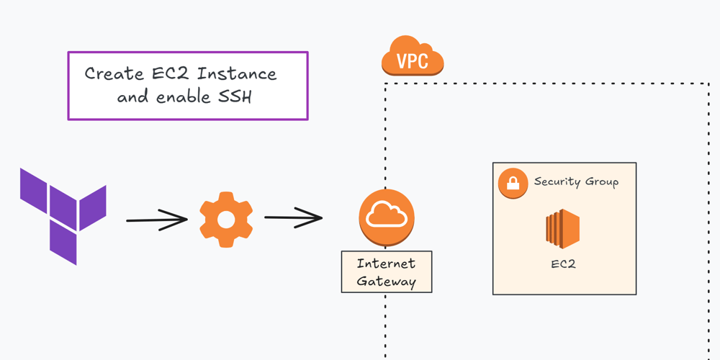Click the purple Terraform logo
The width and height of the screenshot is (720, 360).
click(x=63, y=214)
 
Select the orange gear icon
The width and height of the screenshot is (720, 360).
click(x=225, y=220)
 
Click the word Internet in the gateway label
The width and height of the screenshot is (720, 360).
click(x=386, y=264)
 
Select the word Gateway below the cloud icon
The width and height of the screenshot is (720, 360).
click(x=386, y=281)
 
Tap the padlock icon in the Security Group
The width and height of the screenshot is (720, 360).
click(x=513, y=183)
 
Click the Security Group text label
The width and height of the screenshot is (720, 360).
click(x=575, y=181)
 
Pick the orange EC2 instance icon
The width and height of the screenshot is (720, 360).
click(x=562, y=229)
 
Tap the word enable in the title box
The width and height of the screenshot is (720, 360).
click(x=184, y=96)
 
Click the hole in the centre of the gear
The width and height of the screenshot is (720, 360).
click(x=225, y=220)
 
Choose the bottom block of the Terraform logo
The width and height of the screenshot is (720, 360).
click(x=63, y=243)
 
